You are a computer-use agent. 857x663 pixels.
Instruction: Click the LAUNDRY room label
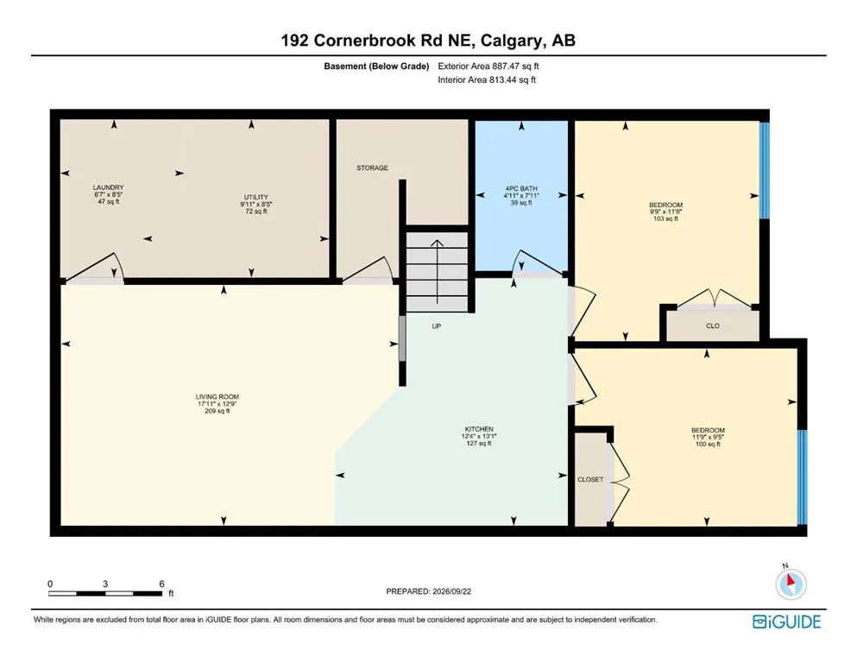pos(108,187)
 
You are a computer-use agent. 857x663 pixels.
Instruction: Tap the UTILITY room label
pos(255,198)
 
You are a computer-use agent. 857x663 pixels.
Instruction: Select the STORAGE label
pos(372,167)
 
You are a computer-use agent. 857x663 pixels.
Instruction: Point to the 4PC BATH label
pos(521,188)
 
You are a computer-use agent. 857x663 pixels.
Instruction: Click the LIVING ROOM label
pos(217,397)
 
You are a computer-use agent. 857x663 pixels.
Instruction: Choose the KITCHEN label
pos(479,429)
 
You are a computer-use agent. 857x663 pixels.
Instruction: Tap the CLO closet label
pos(713,325)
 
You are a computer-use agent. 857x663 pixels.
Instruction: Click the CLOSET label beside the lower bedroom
pos(590,479)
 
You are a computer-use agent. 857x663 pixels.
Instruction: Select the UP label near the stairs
pos(436,326)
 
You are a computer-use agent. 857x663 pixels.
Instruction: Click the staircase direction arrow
pos(438,272)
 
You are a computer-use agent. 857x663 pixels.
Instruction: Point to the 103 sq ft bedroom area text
pos(665,218)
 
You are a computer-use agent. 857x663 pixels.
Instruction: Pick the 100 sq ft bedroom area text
pos(708,445)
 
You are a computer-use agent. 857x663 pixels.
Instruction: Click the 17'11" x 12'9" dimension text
pos(217,404)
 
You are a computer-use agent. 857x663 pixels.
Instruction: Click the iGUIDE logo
pos(786,622)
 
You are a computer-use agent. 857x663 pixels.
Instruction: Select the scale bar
pos(105,593)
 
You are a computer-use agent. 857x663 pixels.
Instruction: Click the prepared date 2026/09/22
pos(451,591)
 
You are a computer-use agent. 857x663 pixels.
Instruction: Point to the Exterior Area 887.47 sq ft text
pos(488,66)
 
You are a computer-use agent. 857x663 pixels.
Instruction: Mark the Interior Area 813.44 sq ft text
pos(487,79)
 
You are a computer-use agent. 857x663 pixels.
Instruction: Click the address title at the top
pos(428,41)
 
